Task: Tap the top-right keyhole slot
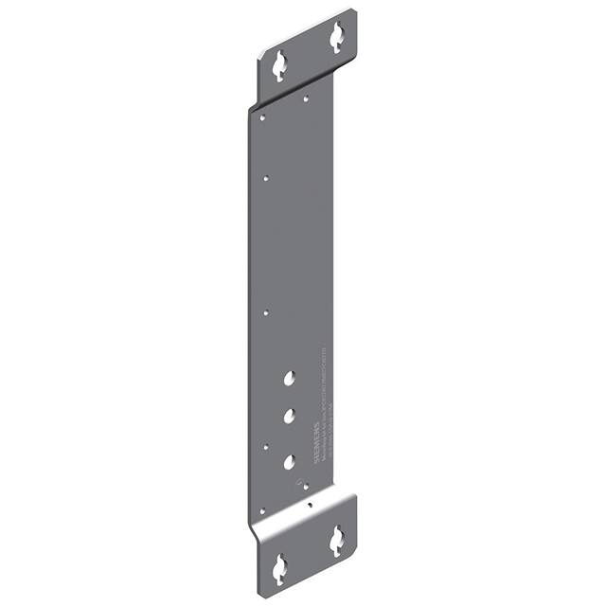point(336,37)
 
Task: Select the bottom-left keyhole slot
point(279,568)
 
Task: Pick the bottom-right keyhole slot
point(336,541)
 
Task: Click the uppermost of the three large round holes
point(289,379)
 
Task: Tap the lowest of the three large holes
point(289,461)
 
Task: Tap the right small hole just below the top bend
point(307,97)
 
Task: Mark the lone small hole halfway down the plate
point(267,312)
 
